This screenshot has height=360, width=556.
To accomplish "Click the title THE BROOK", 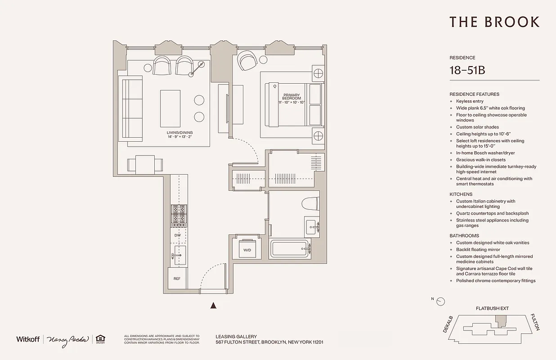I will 494,22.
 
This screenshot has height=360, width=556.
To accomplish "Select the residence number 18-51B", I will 467,71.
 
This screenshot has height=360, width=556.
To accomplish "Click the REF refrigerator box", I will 177,278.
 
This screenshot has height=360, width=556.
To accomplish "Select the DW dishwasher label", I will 177,235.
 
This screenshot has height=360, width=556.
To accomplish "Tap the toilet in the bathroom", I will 310,204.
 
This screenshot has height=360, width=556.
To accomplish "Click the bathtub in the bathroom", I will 291,249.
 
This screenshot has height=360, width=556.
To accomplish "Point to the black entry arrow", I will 214,306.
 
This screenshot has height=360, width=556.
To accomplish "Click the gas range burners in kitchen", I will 179,214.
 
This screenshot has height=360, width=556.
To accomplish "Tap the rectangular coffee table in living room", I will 170,108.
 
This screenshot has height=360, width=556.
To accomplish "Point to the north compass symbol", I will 440,301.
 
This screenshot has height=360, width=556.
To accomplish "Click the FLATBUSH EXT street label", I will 492,309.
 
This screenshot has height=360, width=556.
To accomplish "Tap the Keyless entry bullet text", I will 470,101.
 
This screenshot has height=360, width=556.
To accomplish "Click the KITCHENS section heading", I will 461,194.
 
